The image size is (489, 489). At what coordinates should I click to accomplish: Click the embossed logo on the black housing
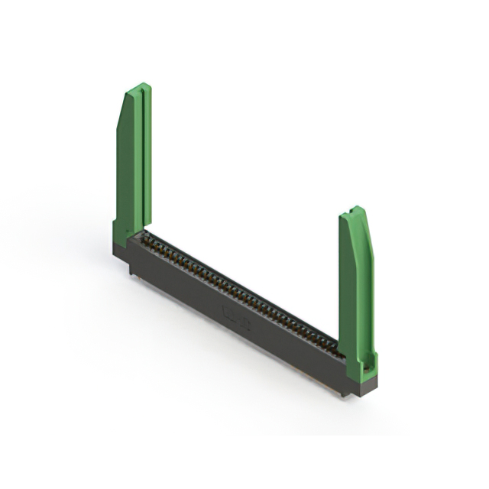pyautogui.click(x=237, y=316)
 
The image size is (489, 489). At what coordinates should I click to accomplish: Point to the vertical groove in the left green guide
pyautogui.click(x=140, y=160)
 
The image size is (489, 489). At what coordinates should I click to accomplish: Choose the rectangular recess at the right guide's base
pyautogui.click(x=368, y=364)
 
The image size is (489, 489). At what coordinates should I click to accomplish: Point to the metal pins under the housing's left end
pyautogui.click(x=133, y=269)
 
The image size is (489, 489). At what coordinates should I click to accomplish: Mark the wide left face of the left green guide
pyautogui.click(x=126, y=168)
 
